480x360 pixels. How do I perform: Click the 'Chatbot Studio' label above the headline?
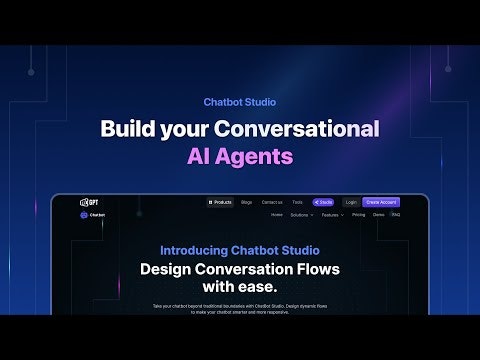pos(239,101)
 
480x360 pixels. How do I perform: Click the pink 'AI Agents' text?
pos(240,156)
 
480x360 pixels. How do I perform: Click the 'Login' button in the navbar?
pos(350,202)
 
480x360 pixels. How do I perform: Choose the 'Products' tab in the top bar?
pos(220,202)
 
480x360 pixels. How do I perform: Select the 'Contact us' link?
pos(272,202)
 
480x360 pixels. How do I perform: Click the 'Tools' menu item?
pos(297,202)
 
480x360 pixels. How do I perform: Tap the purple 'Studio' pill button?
pos(323,202)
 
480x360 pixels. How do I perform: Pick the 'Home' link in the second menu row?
pos(277,214)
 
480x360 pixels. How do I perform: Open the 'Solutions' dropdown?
pos(303,214)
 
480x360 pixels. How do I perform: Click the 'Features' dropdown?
pos(332,214)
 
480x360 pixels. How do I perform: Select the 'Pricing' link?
pos(358,214)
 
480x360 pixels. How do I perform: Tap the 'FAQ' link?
pos(396,214)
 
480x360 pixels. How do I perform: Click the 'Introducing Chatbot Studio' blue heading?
pos(240,250)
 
